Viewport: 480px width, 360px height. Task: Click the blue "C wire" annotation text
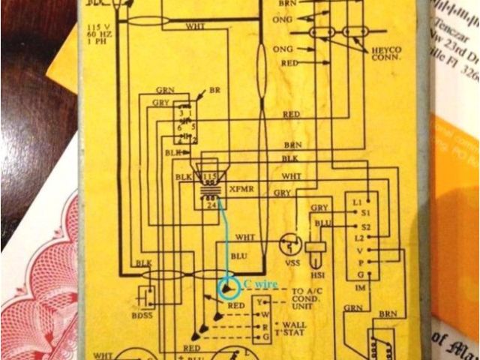261,284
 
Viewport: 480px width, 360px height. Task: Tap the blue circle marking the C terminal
226,288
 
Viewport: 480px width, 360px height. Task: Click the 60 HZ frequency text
98,36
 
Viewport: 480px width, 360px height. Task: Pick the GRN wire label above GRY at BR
166,90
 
